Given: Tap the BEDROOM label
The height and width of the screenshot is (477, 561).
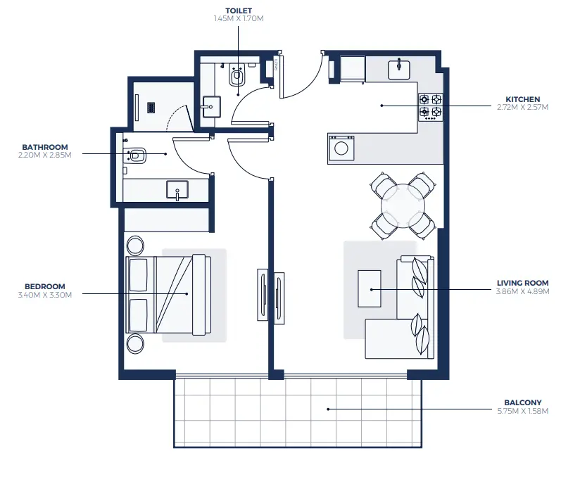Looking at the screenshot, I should [44, 286].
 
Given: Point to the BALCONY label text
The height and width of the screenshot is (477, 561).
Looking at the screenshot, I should [522, 403].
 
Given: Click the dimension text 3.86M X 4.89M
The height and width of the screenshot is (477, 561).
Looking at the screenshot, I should [522, 291].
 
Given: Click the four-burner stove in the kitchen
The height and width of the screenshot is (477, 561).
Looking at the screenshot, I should [430, 106].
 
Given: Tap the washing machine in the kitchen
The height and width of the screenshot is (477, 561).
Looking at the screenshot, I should [342, 148].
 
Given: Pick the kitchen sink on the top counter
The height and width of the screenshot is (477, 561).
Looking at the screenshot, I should [398, 68].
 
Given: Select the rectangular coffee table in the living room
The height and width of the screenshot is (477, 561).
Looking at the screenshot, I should [369, 288].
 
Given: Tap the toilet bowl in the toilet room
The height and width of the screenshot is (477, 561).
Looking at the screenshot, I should [237, 77].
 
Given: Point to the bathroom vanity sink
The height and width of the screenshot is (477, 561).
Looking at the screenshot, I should [177, 189].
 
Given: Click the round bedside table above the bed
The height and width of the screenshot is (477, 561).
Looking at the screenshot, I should [134, 246].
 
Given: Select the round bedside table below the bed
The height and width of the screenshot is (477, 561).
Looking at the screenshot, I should [134, 343].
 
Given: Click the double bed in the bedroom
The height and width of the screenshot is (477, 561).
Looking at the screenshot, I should [168, 294].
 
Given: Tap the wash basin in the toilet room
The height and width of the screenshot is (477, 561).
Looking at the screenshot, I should [210, 108].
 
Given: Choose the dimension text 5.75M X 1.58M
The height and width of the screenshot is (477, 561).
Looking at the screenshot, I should [522, 411].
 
